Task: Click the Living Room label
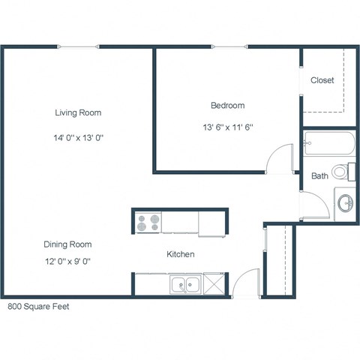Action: pos(78,112)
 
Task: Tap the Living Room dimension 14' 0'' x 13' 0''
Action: pos(78,137)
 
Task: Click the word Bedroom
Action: pos(227,106)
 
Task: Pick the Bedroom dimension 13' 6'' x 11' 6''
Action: pos(227,127)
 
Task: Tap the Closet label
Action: pos(322,80)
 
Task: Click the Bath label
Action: pos(319,176)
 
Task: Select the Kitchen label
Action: pos(181,254)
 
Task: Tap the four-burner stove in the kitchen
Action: pos(148,223)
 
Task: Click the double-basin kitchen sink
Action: pos(184,284)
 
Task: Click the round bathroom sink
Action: pos(346,202)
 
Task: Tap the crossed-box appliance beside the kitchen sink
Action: pos(213,284)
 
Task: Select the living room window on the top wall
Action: pos(78,46)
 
